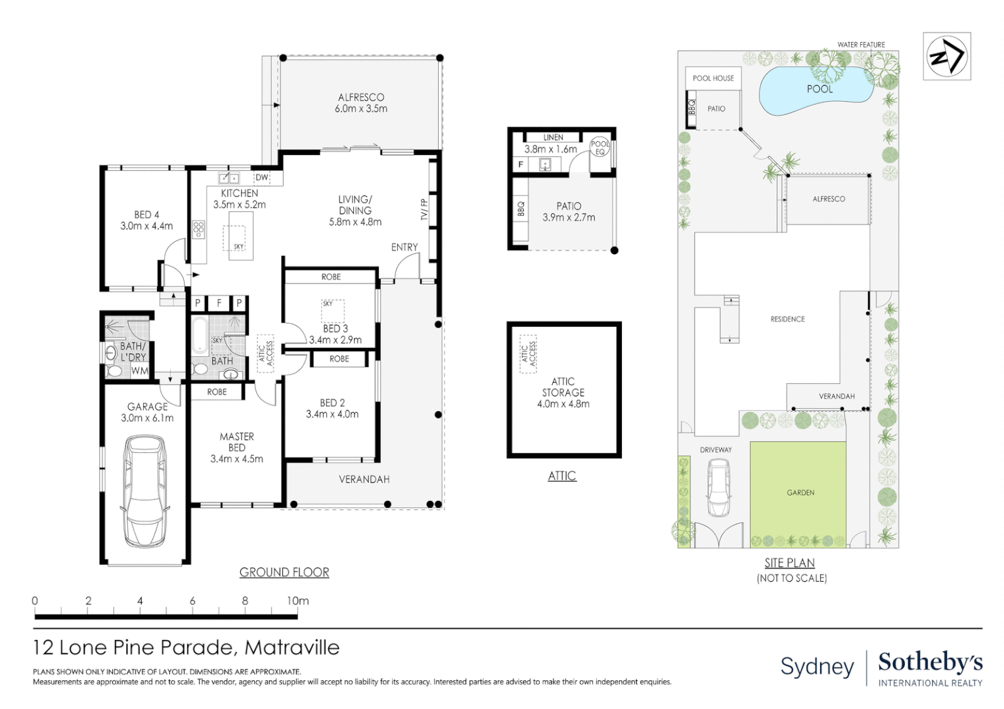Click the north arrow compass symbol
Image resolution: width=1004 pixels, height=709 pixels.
click(946, 56)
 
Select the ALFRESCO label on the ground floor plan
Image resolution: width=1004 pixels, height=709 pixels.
click(360, 97)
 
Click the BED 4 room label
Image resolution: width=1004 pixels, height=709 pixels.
click(146, 215)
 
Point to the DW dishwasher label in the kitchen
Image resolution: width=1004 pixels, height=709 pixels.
click(261, 177)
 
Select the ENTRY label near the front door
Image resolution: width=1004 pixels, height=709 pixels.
click(404, 247)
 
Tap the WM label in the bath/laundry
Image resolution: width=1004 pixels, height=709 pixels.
click(139, 371)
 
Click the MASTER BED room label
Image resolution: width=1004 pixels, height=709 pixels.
click(236, 442)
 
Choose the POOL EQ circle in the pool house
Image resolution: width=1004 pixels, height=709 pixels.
click(600, 148)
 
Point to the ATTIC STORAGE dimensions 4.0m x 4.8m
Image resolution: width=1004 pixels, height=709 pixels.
click(563, 404)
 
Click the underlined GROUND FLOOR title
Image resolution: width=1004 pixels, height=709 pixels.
click(284, 572)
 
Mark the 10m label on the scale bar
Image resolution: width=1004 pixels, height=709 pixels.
click(297, 601)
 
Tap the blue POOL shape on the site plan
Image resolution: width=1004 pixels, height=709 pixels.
click(814, 91)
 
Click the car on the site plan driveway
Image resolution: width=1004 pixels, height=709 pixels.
click(718, 487)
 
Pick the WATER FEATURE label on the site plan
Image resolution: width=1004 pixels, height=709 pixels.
click(861, 45)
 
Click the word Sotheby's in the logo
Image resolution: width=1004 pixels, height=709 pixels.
click(930, 662)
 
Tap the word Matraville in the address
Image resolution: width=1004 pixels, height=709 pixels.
click(292, 648)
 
